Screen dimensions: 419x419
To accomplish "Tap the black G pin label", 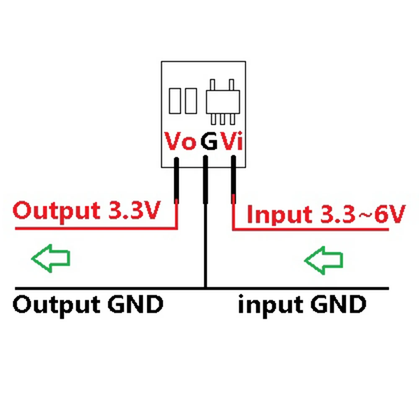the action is (209, 141).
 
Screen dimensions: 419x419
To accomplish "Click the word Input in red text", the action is (279, 215).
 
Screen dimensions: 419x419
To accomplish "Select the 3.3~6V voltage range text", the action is (363, 214).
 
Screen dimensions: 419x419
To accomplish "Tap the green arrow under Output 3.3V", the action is (51, 258).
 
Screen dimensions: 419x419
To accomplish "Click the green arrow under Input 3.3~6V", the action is (323, 260).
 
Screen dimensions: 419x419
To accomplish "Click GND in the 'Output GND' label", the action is (135, 304).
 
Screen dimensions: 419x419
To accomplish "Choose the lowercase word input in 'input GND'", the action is (271, 305).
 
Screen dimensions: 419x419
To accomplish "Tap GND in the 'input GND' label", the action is (339, 304).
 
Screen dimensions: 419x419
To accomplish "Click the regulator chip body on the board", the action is (223, 102).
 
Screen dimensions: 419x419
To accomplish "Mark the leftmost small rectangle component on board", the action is (175, 101).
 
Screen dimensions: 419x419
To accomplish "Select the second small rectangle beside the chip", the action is (191, 101).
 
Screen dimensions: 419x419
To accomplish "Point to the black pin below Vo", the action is (176, 180).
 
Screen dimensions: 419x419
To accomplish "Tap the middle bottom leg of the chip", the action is (222, 119).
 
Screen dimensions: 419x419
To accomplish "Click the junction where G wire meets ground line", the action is (205, 288).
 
